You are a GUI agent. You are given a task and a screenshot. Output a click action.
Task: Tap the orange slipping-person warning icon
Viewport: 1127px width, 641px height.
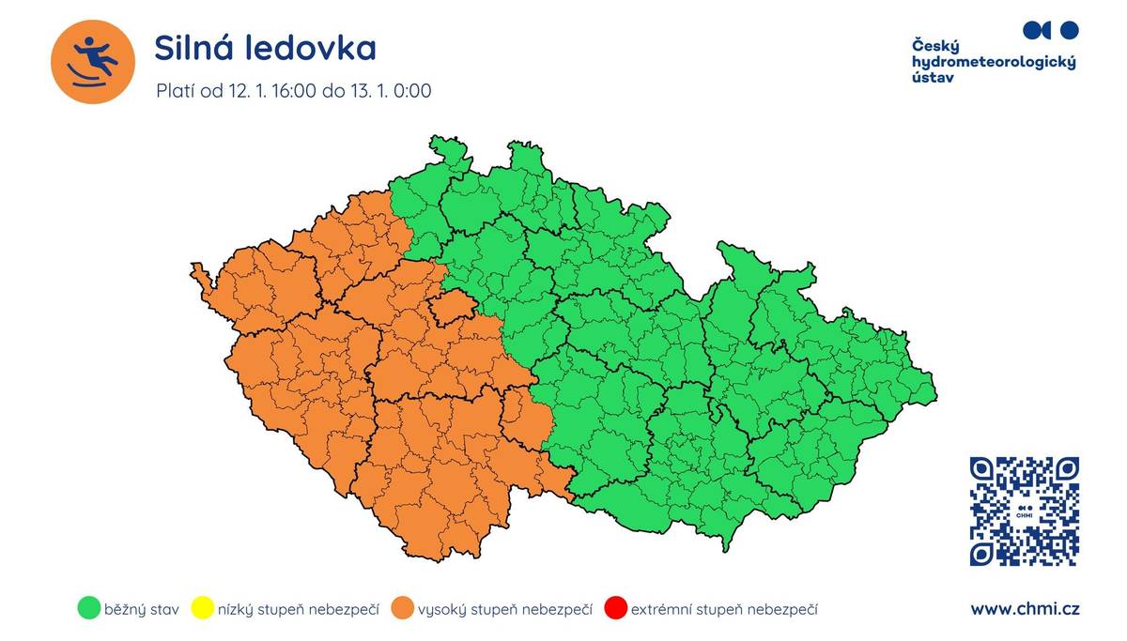[91, 62]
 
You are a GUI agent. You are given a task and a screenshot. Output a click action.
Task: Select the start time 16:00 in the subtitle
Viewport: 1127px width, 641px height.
[291, 92]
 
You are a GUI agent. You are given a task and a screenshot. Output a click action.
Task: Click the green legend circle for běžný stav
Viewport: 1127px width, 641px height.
[88, 609]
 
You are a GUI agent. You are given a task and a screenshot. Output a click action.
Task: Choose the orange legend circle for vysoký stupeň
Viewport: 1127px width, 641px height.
[404, 609]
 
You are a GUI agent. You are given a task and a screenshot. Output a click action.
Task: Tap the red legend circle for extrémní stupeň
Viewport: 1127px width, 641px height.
[614, 609]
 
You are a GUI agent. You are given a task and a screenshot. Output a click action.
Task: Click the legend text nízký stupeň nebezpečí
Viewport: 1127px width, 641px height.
[298, 610]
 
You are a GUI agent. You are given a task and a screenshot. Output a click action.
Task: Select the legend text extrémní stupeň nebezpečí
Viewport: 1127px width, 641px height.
[723, 610]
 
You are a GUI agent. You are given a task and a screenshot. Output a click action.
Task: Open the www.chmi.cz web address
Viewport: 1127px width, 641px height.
[1025, 609]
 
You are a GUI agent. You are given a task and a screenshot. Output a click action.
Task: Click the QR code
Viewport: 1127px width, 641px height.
[1024, 511]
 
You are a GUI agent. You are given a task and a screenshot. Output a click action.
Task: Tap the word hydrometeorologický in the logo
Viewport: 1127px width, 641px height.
[994, 62]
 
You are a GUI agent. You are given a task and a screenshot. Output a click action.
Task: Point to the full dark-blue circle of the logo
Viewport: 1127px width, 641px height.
[1069, 30]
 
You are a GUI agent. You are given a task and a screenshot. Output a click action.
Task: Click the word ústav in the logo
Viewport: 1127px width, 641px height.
[933, 78]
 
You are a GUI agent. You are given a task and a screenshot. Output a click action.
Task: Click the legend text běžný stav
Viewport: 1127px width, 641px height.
[141, 610]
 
